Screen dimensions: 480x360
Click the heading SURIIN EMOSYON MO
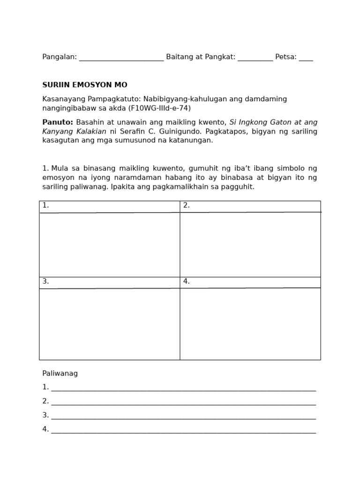[85, 85]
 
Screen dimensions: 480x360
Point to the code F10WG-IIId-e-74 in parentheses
[159, 108]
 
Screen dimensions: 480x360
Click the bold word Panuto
[57, 122]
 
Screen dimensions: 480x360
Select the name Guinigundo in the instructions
[180, 131]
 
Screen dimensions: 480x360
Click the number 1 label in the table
[45, 205]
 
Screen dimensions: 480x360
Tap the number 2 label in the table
[187, 205]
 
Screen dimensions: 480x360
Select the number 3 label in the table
[45, 281]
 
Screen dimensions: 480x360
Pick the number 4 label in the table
[187, 281]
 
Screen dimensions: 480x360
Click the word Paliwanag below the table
[60, 374]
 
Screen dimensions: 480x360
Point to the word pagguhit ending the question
[239, 187]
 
